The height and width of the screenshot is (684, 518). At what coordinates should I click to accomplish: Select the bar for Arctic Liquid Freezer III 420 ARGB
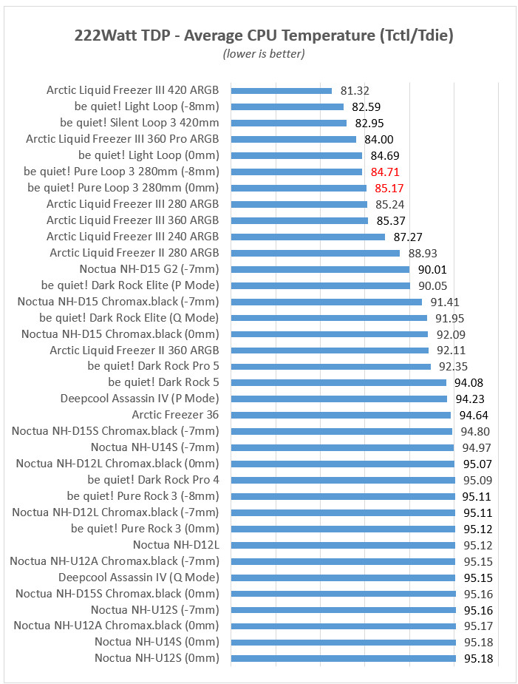point(282,91)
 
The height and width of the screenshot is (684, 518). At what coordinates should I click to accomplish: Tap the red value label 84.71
point(385,172)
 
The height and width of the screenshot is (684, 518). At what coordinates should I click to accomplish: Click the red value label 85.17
point(389,189)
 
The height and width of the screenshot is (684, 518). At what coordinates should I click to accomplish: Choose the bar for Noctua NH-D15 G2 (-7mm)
point(320,270)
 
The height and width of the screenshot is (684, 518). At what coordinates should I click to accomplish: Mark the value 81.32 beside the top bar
point(355,91)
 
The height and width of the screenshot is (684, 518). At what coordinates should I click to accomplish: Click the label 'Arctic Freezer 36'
point(175,415)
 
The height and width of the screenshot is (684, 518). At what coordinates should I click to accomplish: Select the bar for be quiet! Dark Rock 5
point(338,383)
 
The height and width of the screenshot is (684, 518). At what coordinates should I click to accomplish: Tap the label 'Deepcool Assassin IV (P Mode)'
point(140,399)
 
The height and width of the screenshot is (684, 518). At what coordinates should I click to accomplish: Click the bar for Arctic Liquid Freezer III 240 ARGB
point(308,237)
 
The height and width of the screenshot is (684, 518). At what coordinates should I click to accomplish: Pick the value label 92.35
point(454,367)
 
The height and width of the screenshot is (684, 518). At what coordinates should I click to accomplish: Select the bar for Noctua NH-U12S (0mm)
point(343,658)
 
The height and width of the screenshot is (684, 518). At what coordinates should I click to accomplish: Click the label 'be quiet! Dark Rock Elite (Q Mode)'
point(129,318)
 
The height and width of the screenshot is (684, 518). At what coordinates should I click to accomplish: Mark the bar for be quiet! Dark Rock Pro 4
point(343,480)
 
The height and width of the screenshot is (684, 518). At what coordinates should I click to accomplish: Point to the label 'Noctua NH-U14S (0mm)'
point(157,642)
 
